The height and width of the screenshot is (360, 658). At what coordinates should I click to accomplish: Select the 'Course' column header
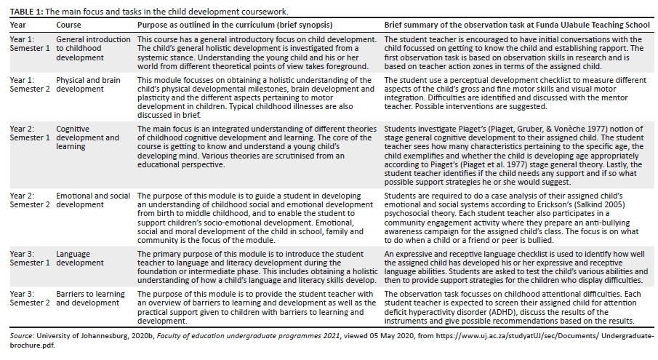69,24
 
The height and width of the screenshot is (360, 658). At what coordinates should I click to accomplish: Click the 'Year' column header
18,24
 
